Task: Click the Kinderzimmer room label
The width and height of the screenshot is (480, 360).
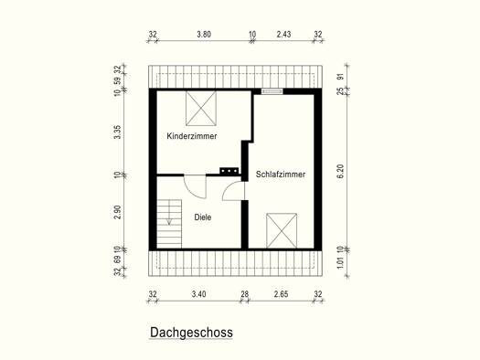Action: [192, 136]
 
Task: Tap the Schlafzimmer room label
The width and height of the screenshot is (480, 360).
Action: [281, 175]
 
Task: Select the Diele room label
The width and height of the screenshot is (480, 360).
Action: [203, 217]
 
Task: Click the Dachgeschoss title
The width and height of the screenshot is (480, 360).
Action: [191, 333]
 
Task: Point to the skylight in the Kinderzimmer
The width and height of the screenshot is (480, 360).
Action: [201, 109]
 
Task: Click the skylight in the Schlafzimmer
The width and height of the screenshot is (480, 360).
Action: [282, 230]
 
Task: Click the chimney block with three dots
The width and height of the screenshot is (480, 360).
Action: [229, 171]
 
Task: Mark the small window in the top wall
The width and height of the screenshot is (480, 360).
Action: [272, 91]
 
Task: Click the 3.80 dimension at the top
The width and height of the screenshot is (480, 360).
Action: [204, 34]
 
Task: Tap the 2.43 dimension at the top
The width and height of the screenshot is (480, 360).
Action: [283, 34]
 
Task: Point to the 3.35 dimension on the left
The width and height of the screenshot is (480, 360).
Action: [117, 132]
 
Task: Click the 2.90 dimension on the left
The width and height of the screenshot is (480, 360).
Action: [117, 212]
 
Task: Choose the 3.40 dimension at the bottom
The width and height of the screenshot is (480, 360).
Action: [198, 294]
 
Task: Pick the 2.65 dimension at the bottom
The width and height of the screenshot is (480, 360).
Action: [281, 294]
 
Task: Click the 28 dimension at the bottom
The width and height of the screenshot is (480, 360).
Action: [245, 294]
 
